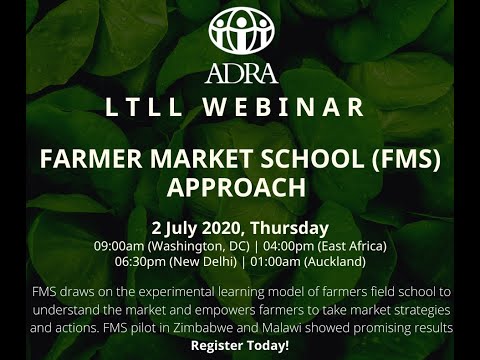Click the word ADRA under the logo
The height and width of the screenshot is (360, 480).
(x=240, y=73)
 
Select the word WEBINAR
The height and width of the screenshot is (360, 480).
(x=290, y=107)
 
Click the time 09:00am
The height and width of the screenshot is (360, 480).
(x=118, y=246)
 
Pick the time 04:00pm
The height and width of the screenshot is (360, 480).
(x=280, y=246)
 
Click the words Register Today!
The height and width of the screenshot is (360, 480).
(x=239, y=345)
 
